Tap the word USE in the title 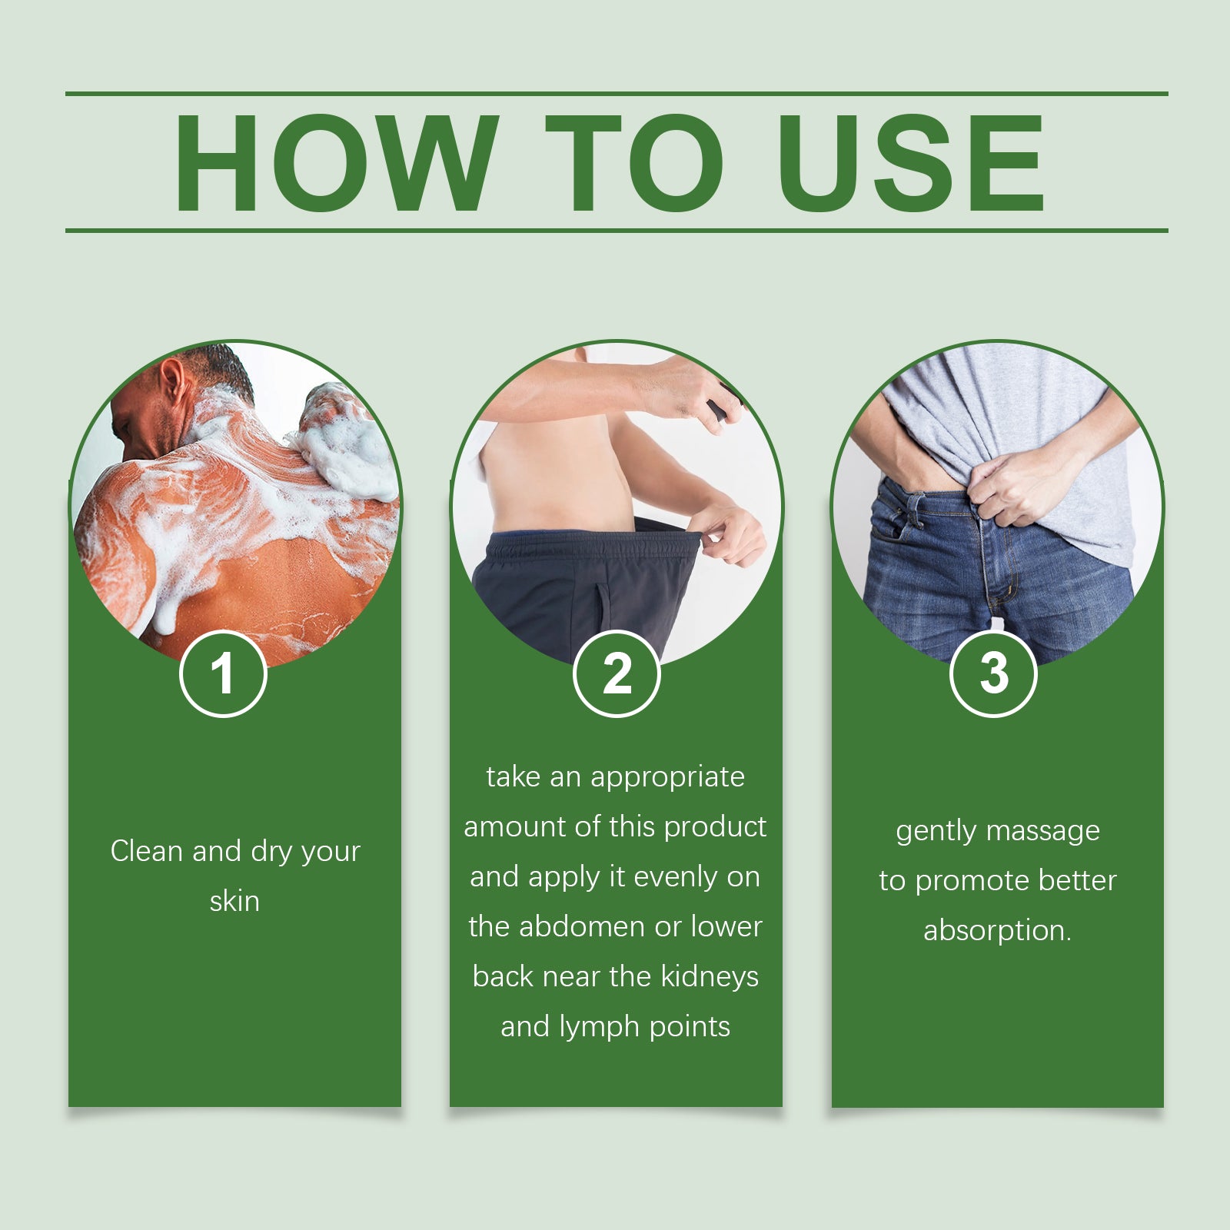coord(911,162)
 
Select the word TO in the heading coord(635,162)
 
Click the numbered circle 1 coord(223,673)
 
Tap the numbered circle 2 coord(617,673)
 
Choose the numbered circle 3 coord(994,673)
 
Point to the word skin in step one coord(234,901)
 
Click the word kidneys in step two coord(710,977)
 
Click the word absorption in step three coord(997,931)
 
